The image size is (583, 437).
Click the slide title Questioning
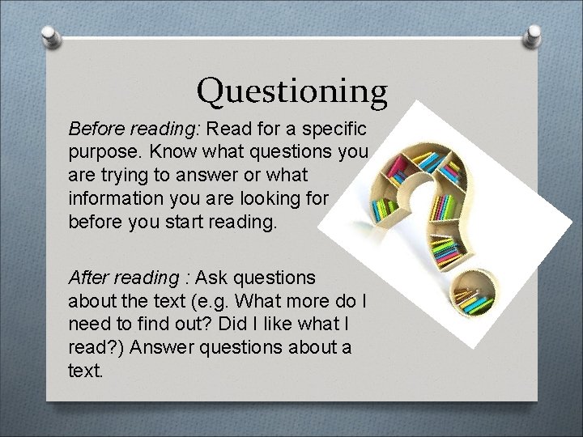(292, 91)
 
